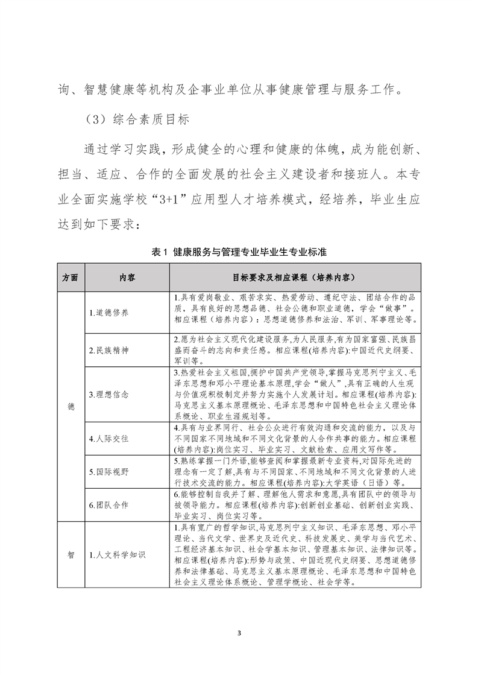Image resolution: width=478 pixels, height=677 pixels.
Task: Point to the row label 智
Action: point(71,554)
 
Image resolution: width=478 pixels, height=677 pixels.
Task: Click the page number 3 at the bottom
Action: point(239,633)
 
